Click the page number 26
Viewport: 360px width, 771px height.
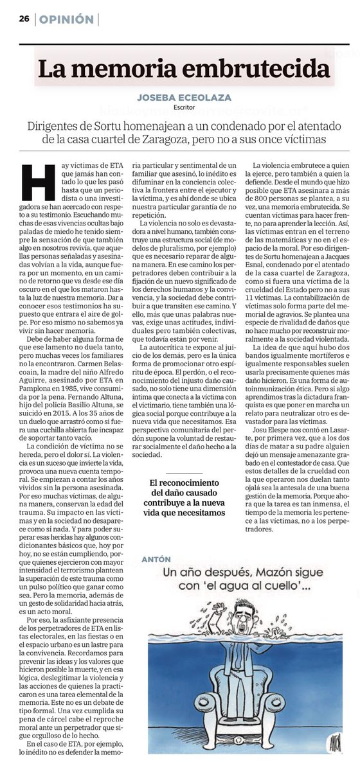pos(24,19)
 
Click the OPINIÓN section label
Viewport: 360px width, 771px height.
pos(66,19)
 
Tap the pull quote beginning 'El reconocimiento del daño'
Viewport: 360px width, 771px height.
pos(186,499)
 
